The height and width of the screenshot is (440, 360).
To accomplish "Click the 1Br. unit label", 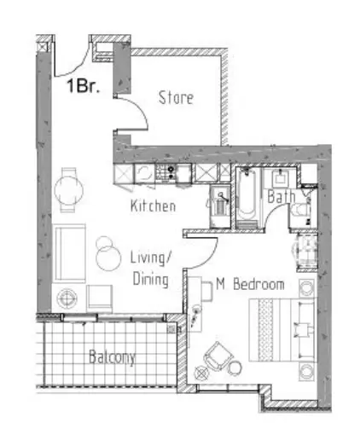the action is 84,85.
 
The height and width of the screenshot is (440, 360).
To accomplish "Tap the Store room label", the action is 176,97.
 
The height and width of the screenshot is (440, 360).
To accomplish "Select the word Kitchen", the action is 153,206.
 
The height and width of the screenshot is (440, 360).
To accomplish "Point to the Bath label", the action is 282,196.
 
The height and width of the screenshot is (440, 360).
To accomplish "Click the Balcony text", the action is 112,357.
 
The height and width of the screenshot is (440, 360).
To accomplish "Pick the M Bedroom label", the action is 250,284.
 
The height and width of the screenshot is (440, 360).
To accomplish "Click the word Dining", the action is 151,280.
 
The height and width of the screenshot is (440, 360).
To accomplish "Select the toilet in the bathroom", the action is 300,211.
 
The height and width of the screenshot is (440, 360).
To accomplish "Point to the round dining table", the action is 69,190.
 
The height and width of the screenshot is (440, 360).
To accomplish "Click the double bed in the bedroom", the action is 282,330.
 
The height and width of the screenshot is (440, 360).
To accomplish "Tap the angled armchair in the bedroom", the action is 218,356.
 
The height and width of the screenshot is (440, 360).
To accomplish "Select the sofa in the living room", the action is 69,253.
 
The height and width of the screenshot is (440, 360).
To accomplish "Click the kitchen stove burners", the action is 165,172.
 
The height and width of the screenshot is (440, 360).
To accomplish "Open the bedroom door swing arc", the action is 212,258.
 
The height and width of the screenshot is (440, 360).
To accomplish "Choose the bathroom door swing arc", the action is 274,211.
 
